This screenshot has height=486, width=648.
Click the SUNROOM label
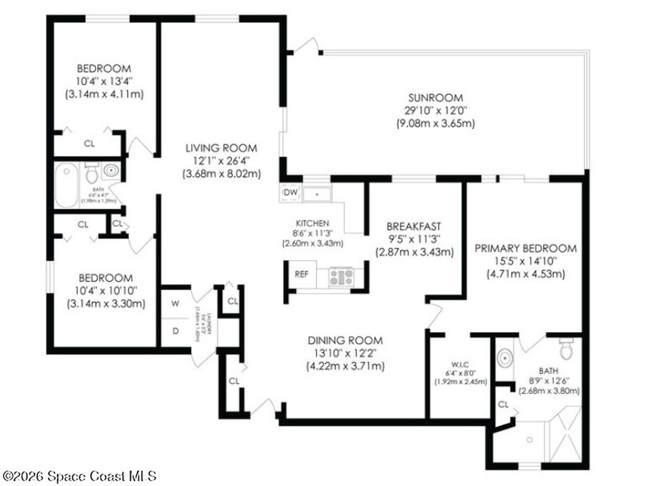click(x=435, y=97)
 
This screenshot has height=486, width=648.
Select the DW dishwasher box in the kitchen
click(x=290, y=192)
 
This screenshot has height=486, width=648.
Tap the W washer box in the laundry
click(x=175, y=303)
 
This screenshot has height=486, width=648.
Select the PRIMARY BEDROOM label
click(x=526, y=248)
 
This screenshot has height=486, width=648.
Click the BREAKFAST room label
click(x=414, y=226)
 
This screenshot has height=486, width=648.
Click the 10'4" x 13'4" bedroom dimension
click(x=104, y=81)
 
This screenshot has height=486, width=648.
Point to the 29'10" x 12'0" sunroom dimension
click(x=435, y=110)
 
